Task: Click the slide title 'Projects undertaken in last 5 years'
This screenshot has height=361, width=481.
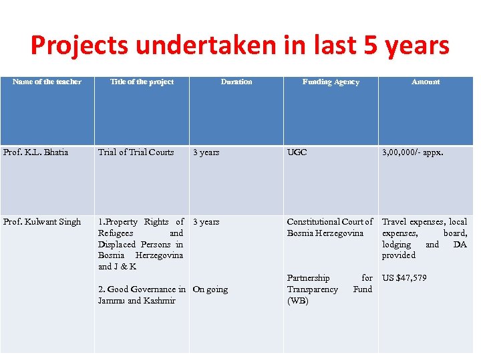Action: coord(240,45)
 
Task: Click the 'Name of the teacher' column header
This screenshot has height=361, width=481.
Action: coord(47,82)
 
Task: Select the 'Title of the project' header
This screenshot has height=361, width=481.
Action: coord(142,82)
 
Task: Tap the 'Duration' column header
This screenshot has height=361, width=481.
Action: coord(236,82)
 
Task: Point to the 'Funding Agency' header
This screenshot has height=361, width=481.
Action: coord(331,82)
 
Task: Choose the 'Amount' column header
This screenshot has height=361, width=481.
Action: coord(426,82)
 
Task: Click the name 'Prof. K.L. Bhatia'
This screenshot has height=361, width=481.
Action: coord(36,152)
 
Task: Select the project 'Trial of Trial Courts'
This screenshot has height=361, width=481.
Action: coord(136,152)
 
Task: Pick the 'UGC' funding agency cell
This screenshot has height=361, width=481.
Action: coord(297,152)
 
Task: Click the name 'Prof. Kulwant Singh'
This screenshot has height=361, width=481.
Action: coord(42,222)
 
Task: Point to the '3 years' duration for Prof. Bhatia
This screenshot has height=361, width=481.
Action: coord(206,152)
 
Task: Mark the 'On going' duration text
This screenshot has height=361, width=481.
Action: coord(210,289)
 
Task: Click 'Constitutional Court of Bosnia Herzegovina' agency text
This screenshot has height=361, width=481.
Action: coord(329,227)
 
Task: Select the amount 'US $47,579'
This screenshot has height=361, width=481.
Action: coord(404,278)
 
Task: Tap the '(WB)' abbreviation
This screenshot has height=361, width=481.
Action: coord(298,301)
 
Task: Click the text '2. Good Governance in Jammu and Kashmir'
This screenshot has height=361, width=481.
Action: coord(141,295)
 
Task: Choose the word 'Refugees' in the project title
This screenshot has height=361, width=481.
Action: coord(116,233)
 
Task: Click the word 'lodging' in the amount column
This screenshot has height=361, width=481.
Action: coord(396,245)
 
